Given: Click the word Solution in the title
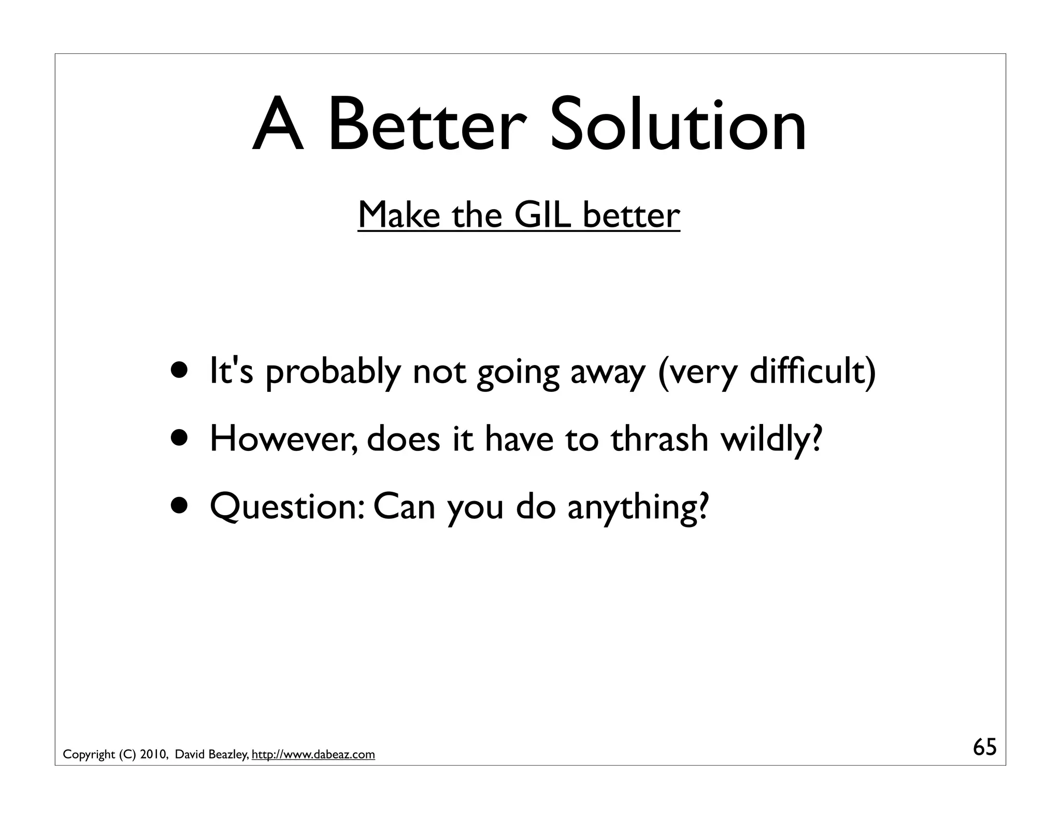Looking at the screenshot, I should coord(678,126).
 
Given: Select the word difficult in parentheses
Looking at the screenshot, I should coord(808,371).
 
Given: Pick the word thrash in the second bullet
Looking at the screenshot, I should coord(659,438).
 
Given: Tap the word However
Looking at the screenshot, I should coord(283,438).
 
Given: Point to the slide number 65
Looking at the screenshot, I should coord(984,748).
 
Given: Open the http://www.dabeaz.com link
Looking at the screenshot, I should coord(313,755).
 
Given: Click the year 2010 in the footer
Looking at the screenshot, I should coord(152,755).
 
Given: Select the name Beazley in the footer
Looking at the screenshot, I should coord(228,755).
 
